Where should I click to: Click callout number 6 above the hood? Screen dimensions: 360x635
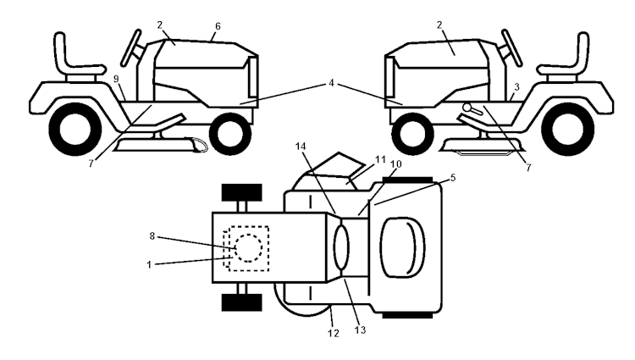(x=218, y=27)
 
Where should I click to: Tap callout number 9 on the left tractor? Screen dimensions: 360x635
(x=116, y=79)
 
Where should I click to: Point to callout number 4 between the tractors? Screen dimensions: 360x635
(x=333, y=82)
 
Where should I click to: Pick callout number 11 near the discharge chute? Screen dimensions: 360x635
(x=380, y=158)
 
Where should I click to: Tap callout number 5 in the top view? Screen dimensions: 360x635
(x=453, y=179)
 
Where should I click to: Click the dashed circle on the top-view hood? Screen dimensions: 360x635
(x=248, y=247)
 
